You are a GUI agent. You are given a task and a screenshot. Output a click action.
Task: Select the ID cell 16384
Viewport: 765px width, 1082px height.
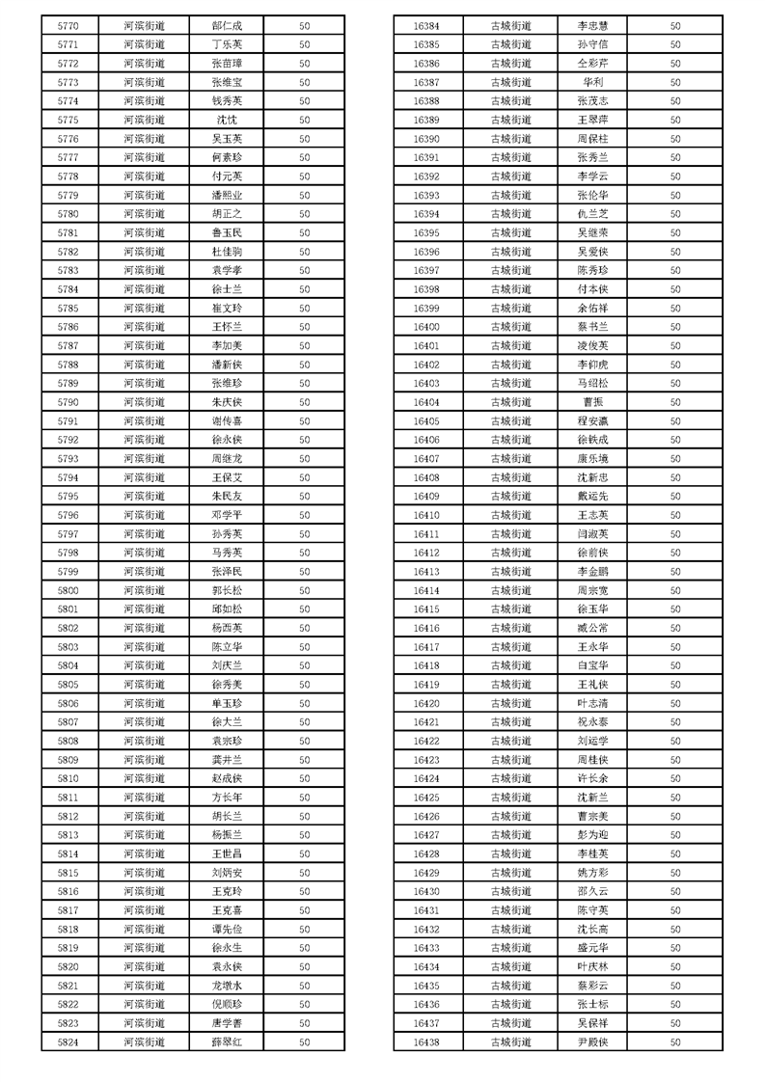tap(426, 25)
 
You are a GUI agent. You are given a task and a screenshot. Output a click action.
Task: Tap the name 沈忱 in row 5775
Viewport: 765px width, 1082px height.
tap(227, 120)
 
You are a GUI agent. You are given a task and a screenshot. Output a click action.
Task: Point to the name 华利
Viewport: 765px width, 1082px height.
tap(592, 82)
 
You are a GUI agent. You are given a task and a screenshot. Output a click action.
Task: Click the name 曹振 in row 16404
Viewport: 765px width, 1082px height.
tap(592, 402)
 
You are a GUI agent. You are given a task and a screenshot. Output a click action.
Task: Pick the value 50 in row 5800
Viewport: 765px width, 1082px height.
tap(304, 590)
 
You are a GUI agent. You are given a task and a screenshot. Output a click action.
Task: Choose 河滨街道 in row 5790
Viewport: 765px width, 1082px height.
tap(144, 402)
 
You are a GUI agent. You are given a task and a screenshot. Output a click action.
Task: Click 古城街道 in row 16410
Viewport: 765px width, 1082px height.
tap(510, 515)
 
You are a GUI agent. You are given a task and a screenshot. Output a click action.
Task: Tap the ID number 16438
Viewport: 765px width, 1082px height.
tap(426, 1042)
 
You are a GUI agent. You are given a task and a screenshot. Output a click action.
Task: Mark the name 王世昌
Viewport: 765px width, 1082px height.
tap(227, 854)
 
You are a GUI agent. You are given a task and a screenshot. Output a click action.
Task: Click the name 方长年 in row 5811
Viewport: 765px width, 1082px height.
tap(227, 798)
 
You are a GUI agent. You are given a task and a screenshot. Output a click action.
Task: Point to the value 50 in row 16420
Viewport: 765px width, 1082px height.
tap(675, 703)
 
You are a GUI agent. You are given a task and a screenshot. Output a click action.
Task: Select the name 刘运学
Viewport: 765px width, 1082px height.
tap(592, 741)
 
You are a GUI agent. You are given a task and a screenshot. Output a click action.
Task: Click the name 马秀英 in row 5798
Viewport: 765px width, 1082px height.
tap(227, 553)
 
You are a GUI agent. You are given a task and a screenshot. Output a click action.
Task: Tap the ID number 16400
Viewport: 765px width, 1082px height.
tap(426, 327)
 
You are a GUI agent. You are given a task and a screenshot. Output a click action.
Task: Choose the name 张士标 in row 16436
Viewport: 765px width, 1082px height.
tap(592, 1005)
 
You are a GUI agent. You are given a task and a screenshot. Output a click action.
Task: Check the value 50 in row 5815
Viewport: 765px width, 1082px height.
tap(304, 873)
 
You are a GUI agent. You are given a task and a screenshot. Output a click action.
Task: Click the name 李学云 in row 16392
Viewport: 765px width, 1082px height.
tap(592, 176)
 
